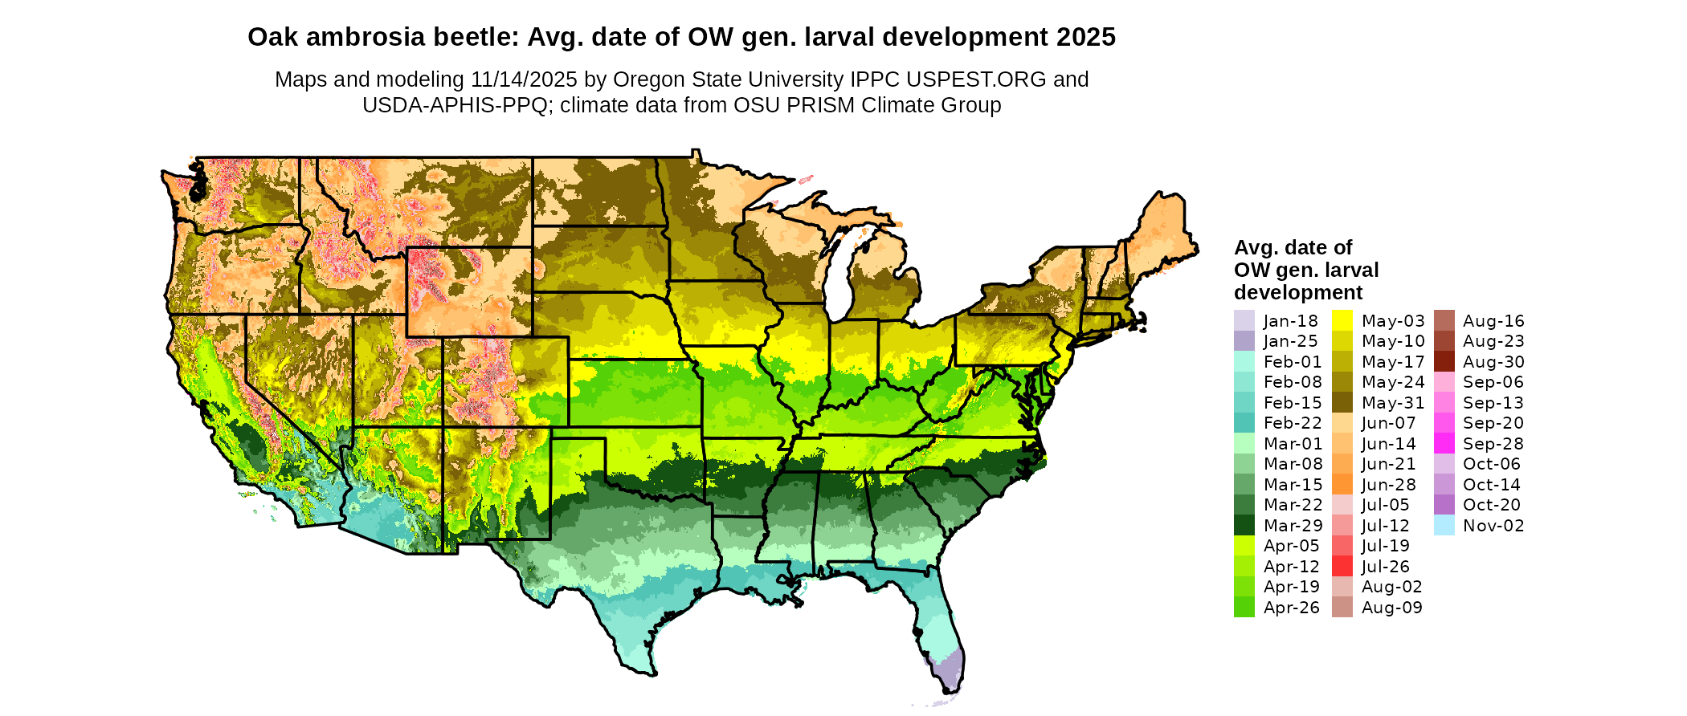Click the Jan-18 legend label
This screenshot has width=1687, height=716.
[1290, 321]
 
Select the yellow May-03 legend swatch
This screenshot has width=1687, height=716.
[1342, 321]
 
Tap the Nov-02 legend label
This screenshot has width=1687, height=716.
[1493, 526]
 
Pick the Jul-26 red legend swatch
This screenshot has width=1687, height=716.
[1342, 567]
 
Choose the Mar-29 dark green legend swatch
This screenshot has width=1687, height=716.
[1244, 526]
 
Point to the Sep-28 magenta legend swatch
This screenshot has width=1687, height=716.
[1444, 444]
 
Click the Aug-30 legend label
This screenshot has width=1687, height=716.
[1493, 362]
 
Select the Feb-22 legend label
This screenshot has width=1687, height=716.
[1292, 423]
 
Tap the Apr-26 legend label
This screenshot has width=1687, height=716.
[1291, 608]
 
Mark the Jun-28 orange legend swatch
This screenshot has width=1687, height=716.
[1342, 485]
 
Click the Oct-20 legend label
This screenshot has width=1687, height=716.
[1492, 505]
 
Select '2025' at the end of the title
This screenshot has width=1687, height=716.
[1086, 37]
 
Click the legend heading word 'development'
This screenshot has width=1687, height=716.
[1298, 292]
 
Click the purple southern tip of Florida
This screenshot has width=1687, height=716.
[951, 671]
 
